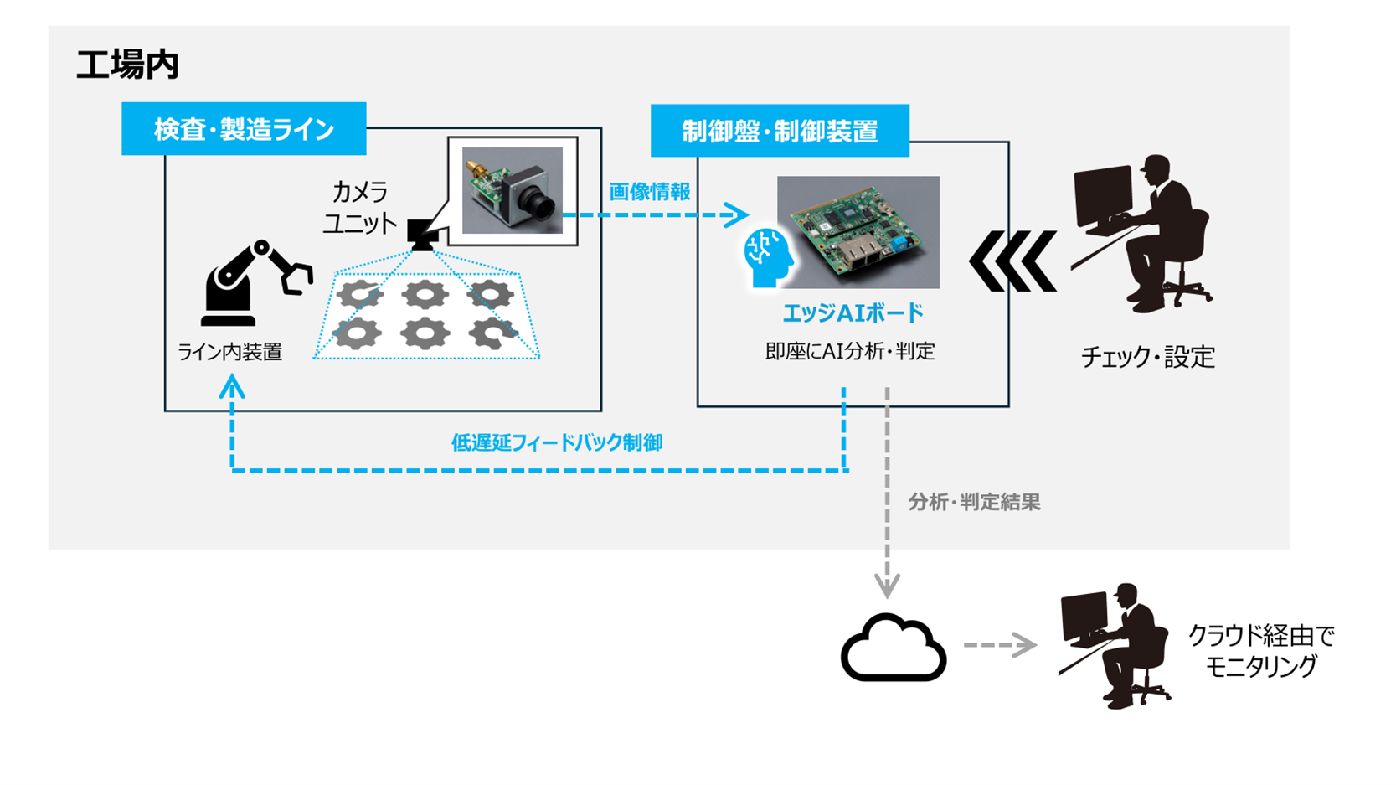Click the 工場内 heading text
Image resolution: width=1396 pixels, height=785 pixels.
(127, 65)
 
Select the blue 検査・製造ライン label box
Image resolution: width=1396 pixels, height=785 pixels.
(244, 129)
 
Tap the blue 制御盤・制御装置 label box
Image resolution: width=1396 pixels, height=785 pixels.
(780, 131)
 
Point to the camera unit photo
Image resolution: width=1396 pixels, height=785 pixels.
(513, 191)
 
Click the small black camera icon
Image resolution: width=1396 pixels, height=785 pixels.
(422, 234)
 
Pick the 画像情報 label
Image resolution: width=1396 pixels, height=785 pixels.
(649, 192)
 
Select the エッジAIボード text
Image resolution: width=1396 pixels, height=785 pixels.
(853, 313)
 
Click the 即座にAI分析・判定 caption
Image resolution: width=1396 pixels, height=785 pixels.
(850, 352)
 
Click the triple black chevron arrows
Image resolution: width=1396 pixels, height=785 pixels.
(1012, 262)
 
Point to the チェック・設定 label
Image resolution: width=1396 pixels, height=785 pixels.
(1147, 358)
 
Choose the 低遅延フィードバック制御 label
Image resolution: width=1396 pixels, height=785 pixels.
(557, 442)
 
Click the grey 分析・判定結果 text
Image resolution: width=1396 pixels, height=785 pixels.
(974, 503)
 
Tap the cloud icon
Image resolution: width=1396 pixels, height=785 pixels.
(893, 648)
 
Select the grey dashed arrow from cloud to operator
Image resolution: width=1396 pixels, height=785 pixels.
(1000, 645)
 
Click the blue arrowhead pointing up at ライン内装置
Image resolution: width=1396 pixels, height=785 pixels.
(232, 387)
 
